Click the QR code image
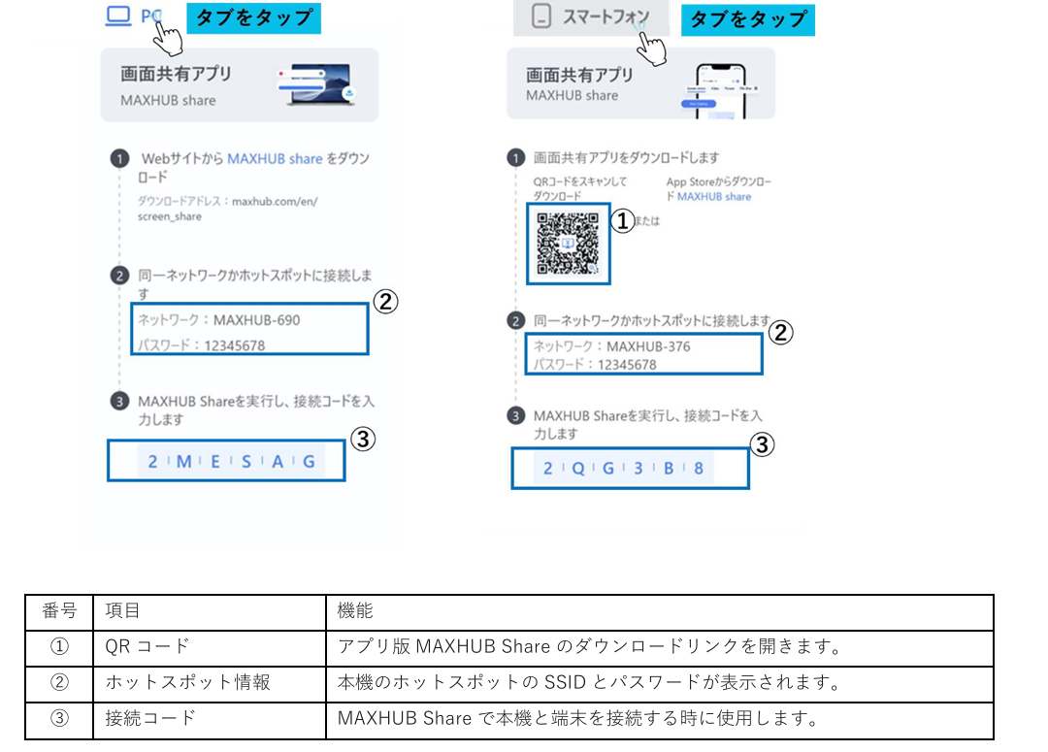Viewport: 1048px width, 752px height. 568,244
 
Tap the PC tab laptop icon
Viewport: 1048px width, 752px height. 118,16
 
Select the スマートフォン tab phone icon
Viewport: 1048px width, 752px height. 541,16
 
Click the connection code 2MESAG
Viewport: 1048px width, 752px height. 231,461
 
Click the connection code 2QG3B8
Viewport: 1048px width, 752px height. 623,468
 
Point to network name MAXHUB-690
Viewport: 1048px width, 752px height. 256,320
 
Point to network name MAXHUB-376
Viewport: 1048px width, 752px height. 648,346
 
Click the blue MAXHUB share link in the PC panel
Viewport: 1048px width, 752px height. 275,158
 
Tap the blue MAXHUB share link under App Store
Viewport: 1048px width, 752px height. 714,197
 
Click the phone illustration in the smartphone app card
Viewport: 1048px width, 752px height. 719,91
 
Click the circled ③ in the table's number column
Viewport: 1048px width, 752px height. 59,719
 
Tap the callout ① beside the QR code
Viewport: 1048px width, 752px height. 622,220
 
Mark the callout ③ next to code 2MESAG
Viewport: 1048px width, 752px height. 363,440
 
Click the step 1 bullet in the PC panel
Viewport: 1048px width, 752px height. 119,159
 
